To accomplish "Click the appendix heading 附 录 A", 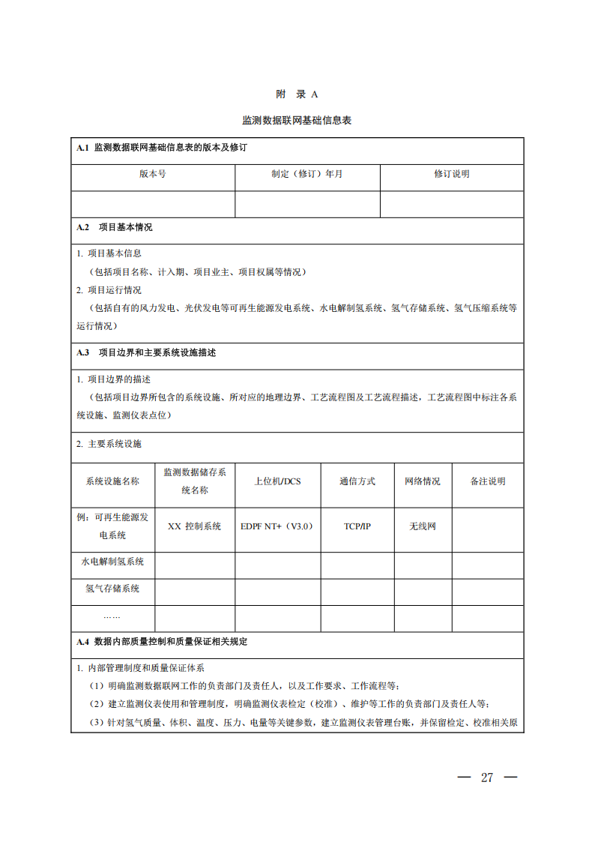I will (x=297, y=94).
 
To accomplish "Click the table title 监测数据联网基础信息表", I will (x=297, y=120).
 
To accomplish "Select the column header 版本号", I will (x=153, y=174).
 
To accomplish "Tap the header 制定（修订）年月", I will (x=307, y=174).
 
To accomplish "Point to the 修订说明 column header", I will (x=451, y=174).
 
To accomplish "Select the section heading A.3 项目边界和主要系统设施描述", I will (x=146, y=352).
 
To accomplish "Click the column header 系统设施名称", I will (x=112, y=481).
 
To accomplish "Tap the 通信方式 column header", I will (x=357, y=481).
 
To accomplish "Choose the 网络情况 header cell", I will (x=423, y=481).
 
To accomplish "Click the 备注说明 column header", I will (x=487, y=481).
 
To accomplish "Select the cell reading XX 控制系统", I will (x=194, y=526).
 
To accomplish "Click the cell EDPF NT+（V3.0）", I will (x=277, y=526).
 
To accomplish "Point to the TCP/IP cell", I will (x=357, y=526).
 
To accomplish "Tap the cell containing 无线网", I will (x=423, y=526).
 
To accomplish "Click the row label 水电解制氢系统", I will (x=112, y=562).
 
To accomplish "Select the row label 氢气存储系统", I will (x=112, y=589).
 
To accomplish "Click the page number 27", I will (x=487, y=778).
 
